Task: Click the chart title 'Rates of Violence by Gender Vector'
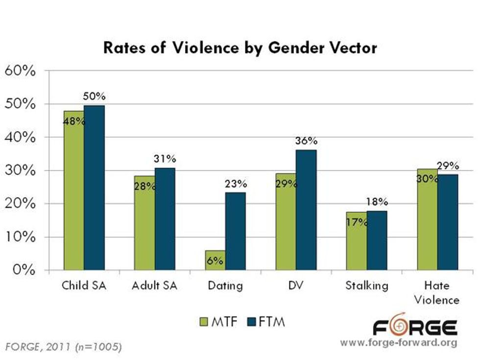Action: click(x=240, y=48)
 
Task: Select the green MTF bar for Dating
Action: click(x=215, y=260)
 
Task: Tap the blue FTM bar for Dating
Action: click(x=236, y=231)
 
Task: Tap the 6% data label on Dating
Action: click(x=216, y=261)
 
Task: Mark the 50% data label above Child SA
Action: click(x=94, y=96)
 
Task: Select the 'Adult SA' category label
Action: click(x=154, y=286)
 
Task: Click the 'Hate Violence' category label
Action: click(x=437, y=292)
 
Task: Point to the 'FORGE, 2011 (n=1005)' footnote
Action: click(x=64, y=347)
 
